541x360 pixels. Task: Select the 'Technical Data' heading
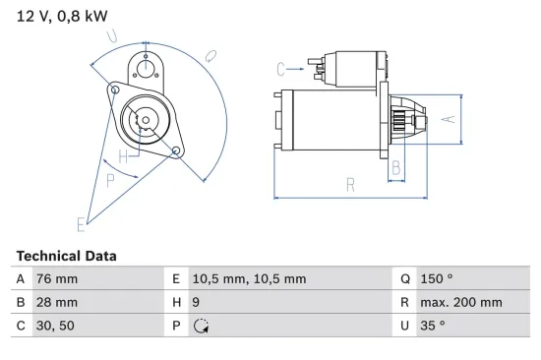coord(66,256)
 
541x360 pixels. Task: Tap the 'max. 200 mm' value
coord(462,302)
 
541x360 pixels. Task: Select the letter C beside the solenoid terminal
coord(281,68)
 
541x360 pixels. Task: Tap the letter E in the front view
coord(82,224)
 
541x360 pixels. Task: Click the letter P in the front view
coord(110,179)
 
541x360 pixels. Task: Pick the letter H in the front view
coord(124,157)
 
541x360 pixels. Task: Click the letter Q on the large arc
coord(211,56)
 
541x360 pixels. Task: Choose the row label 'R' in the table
coord(404,302)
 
